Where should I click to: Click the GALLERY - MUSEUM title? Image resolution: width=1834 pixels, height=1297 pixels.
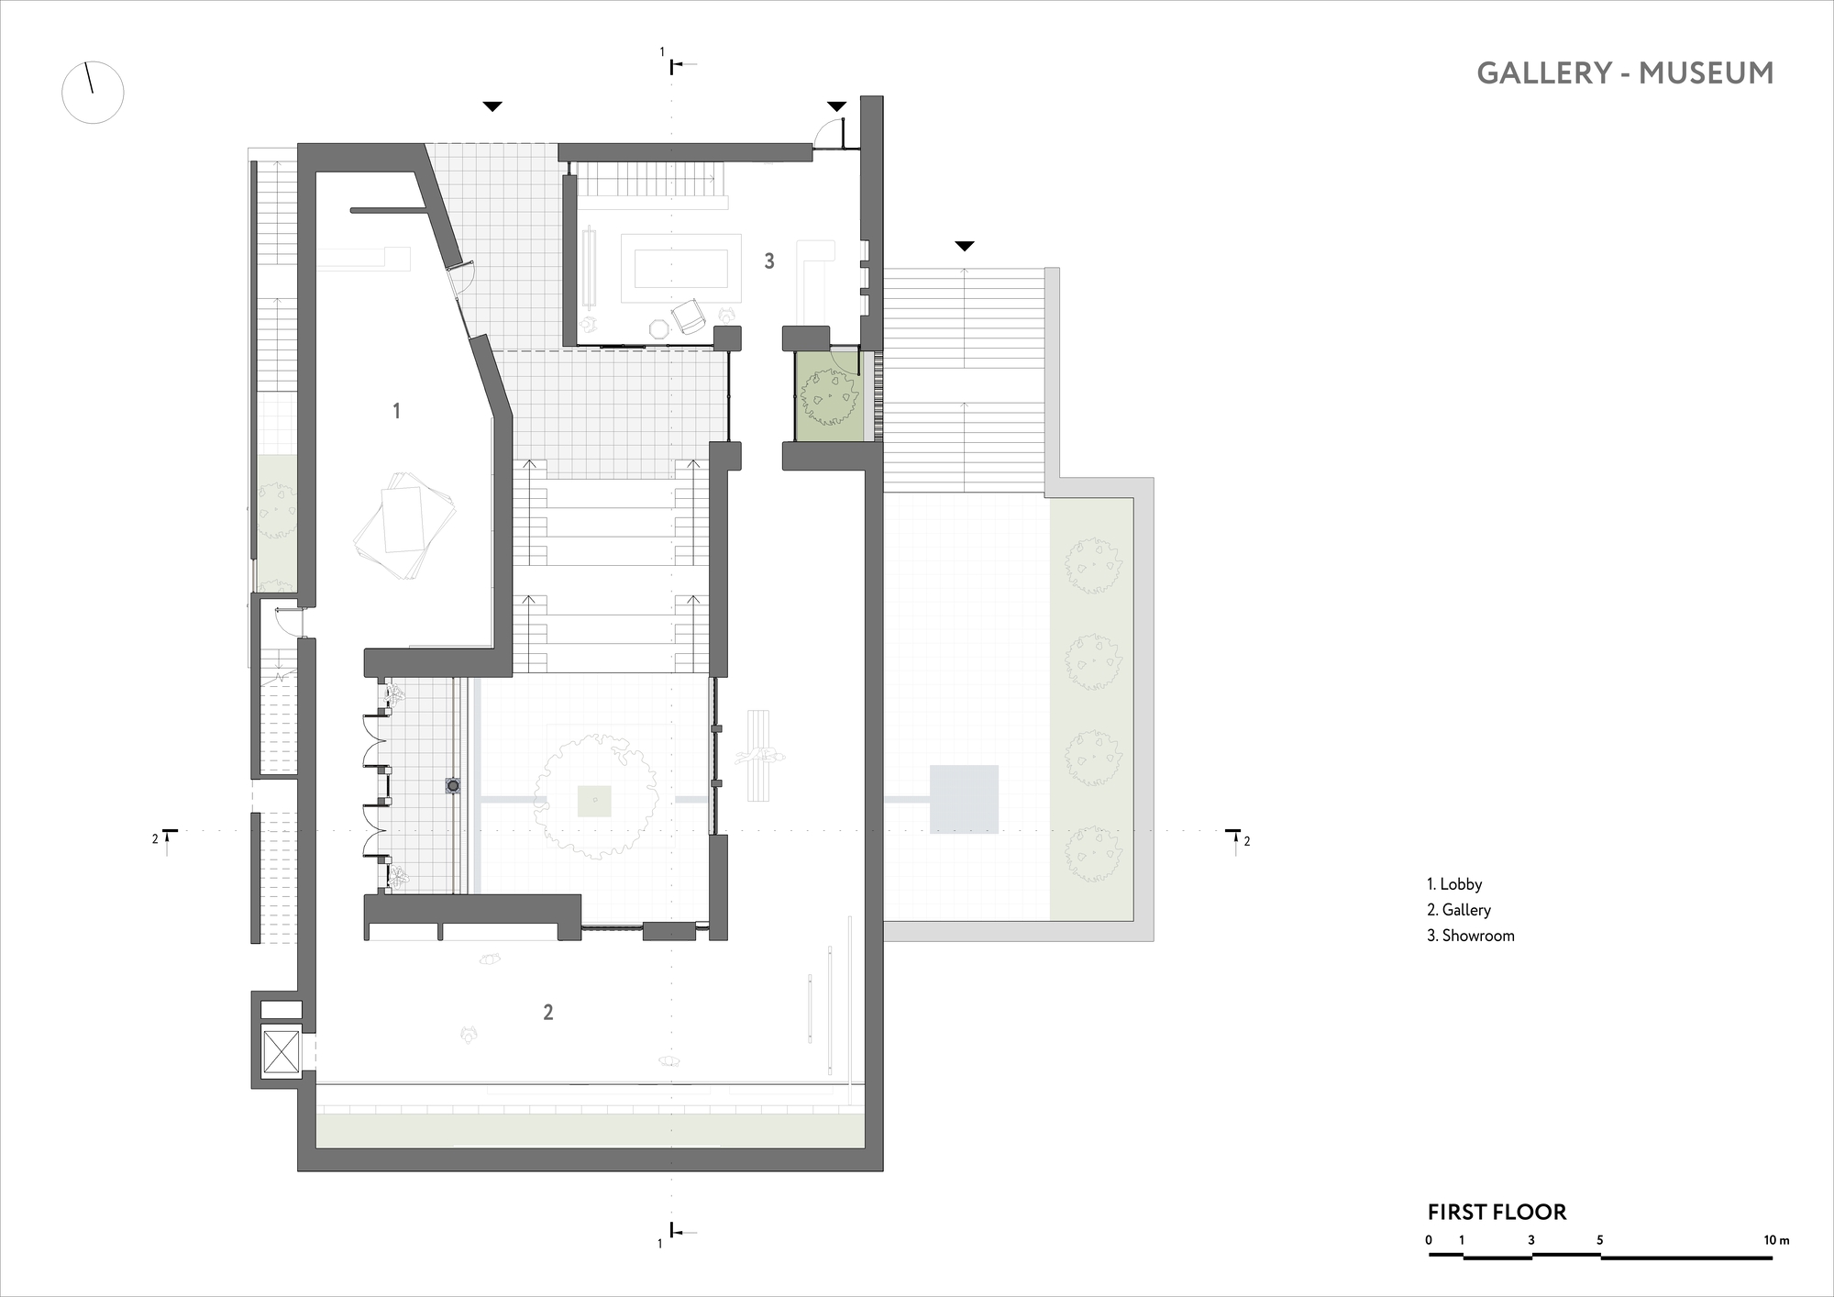[1625, 73]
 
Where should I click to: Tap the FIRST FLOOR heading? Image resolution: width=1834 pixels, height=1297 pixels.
[1497, 1212]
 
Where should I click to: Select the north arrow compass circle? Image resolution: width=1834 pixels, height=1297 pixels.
[93, 93]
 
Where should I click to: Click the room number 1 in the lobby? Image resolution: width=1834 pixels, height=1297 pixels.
[396, 411]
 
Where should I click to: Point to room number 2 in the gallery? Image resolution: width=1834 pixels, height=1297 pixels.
[548, 1013]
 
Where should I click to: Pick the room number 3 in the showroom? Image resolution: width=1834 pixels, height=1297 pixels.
[769, 261]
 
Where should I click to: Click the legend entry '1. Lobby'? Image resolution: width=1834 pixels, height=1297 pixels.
[1454, 884]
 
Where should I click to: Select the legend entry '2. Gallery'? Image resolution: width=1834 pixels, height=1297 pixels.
[1459, 910]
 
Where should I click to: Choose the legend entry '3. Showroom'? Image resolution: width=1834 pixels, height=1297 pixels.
[1471, 936]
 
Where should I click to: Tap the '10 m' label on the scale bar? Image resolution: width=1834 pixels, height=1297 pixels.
[1776, 1240]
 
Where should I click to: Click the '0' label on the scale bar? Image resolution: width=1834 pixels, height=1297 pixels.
[1429, 1240]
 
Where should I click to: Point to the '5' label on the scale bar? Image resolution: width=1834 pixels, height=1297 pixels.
[1600, 1240]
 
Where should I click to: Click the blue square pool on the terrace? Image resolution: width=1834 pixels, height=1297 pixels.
[964, 799]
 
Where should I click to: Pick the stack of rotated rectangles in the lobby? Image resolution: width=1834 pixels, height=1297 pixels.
[404, 525]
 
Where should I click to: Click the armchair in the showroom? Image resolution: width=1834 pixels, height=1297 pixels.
[689, 316]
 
